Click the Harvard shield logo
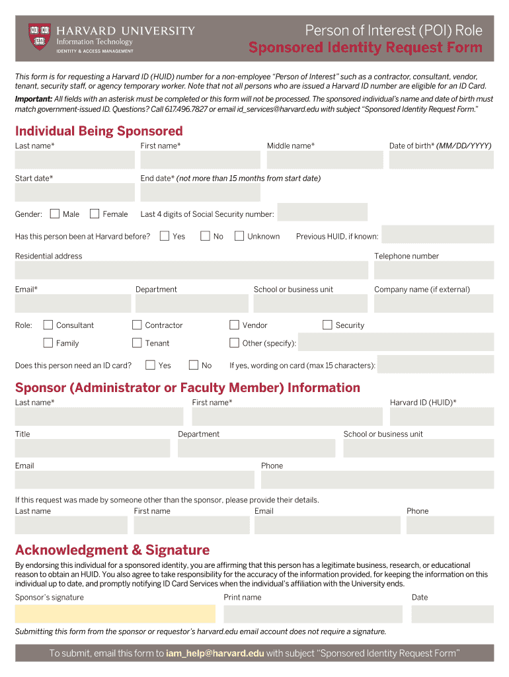pos(39,37)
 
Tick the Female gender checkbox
pos(95,214)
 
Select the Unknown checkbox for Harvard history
pos(239,236)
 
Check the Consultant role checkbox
pos(48,325)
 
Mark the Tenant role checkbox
pos(137,342)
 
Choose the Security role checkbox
pos(327,325)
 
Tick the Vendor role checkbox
pos(234,325)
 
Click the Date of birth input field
pos(441,160)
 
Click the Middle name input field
pos(325,160)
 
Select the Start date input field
pos(75,192)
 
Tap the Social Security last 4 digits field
pos(322,212)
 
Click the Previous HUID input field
pos(438,235)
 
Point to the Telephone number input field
pos(434,270)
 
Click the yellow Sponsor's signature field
pos(115,614)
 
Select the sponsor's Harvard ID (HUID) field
pos(442,417)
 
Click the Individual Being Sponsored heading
pos(98,131)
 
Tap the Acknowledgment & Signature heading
pos(112,550)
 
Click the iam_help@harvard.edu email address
pos(215,653)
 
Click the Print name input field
pos(313,614)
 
